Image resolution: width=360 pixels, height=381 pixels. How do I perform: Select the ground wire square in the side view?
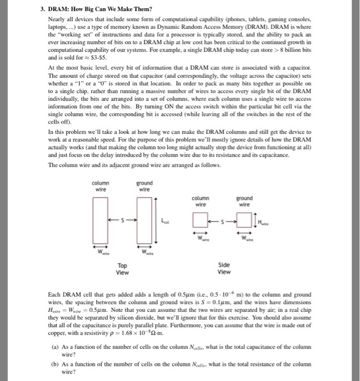(x=245, y=220)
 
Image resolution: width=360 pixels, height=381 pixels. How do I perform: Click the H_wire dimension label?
(x=263, y=220)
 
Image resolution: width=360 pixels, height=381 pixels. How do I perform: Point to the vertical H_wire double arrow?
(x=256, y=220)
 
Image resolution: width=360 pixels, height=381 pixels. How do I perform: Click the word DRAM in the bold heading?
(x=61, y=9)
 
